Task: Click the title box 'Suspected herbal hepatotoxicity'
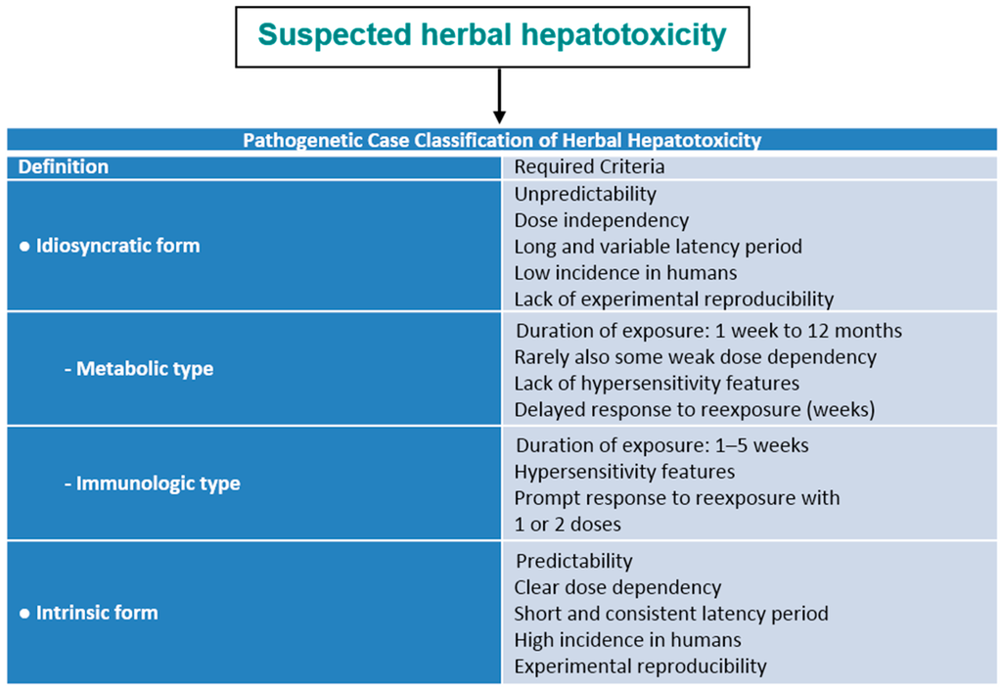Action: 492,36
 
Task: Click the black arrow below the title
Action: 499,96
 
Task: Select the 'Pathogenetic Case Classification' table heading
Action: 502,140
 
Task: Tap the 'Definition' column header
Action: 64,167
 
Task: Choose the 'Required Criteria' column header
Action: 589,167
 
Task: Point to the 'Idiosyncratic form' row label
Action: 110,246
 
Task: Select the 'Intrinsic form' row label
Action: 89,613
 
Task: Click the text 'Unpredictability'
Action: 585,194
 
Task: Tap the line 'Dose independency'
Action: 601,220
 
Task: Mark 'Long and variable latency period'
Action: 658,247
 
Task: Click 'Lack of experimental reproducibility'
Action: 673,299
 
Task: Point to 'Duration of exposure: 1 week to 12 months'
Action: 708,331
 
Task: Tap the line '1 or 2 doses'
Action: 568,524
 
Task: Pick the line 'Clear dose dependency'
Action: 617,587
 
